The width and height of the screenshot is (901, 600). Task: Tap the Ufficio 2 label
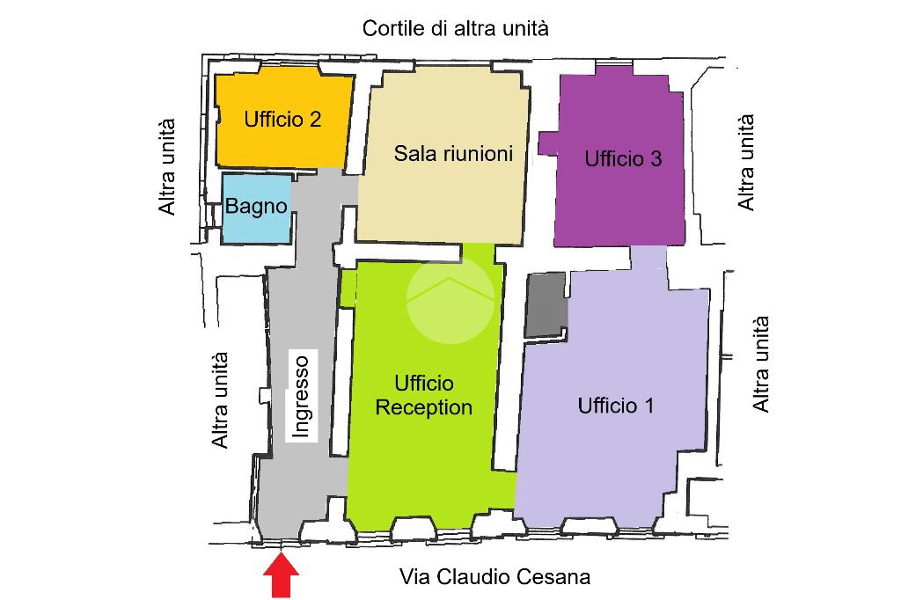click(282, 120)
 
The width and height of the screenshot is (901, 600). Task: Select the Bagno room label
click(257, 207)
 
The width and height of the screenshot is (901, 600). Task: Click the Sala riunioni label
click(453, 153)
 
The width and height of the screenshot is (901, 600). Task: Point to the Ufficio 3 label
click(623, 159)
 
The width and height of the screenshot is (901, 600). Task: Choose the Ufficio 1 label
click(616, 406)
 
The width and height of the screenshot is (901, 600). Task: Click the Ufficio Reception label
click(424, 396)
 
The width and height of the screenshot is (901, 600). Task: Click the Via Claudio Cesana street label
click(494, 577)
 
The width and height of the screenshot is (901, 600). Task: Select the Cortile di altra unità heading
click(456, 28)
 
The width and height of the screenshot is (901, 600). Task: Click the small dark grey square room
click(546, 304)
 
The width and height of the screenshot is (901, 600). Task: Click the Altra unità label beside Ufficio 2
click(167, 166)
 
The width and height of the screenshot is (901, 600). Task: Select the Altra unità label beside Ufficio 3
click(746, 161)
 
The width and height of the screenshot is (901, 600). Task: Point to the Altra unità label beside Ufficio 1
click(761, 363)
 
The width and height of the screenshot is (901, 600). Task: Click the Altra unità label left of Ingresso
click(220, 399)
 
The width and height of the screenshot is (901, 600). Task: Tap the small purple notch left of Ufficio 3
click(547, 143)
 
